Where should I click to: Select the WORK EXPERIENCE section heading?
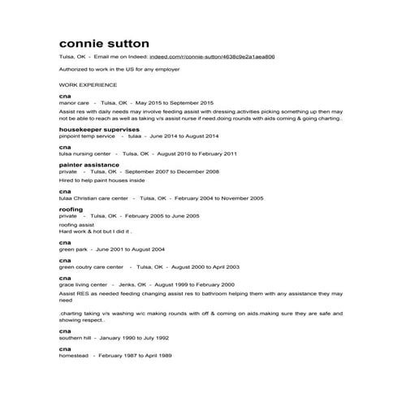(x=88, y=84)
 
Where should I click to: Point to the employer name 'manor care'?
(x=74, y=103)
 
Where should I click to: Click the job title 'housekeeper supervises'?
(x=99, y=129)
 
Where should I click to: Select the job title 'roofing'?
(x=71, y=209)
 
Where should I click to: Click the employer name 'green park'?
(x=73, y=249)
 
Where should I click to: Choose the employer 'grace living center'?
(x=83, y=285)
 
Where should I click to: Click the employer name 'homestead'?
(x=74, y=356)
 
